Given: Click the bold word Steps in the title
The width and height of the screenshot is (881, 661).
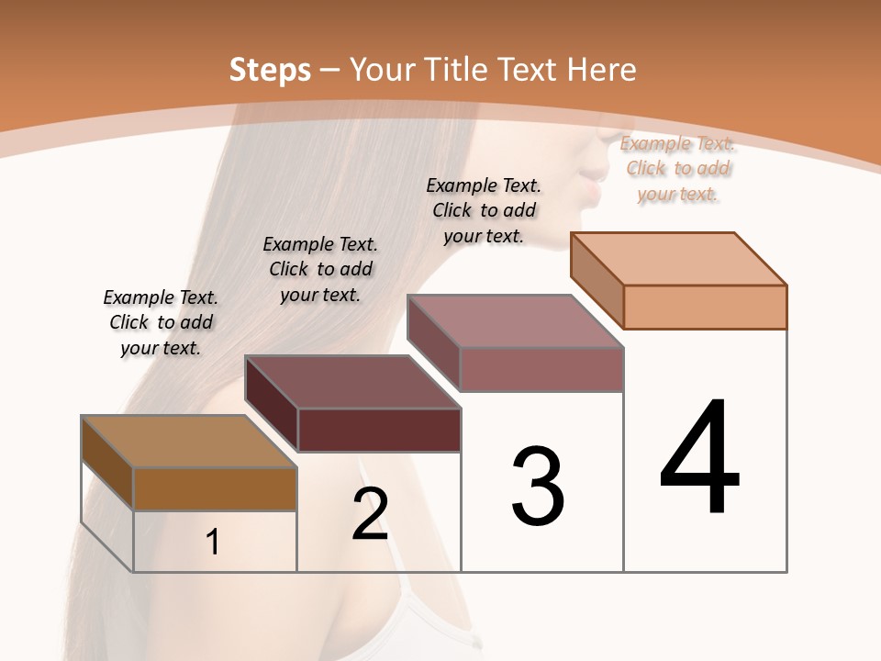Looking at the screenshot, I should (270, 70).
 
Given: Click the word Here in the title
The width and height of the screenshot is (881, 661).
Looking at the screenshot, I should (601, 70).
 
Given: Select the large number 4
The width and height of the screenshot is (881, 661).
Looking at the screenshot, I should (699, 459).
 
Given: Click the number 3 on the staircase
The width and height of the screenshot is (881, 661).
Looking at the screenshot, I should (538, 487).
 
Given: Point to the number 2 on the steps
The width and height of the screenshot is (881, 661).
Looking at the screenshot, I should (370, 514).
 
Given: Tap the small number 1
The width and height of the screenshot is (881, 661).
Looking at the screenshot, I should (213, 543).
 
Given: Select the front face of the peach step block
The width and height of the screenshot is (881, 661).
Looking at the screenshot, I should (705, 307).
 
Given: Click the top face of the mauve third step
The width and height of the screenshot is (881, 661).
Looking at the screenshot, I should (516, 320).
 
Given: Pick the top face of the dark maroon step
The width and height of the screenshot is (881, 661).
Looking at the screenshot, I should (352, 381).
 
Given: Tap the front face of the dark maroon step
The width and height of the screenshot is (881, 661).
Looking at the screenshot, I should (379, 430).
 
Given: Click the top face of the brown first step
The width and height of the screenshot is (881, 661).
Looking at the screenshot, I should (189, 441).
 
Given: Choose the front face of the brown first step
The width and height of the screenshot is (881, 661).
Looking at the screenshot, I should (215, 488).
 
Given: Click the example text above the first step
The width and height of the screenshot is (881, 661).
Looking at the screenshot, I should (161, 323).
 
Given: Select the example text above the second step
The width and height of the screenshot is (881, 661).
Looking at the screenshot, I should (320, 269).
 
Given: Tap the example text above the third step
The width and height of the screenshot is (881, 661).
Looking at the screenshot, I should (484, 210).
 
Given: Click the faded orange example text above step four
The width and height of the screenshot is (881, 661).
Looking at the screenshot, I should (677, 168).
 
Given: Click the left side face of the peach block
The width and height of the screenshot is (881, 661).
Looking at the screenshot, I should (597, 279).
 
